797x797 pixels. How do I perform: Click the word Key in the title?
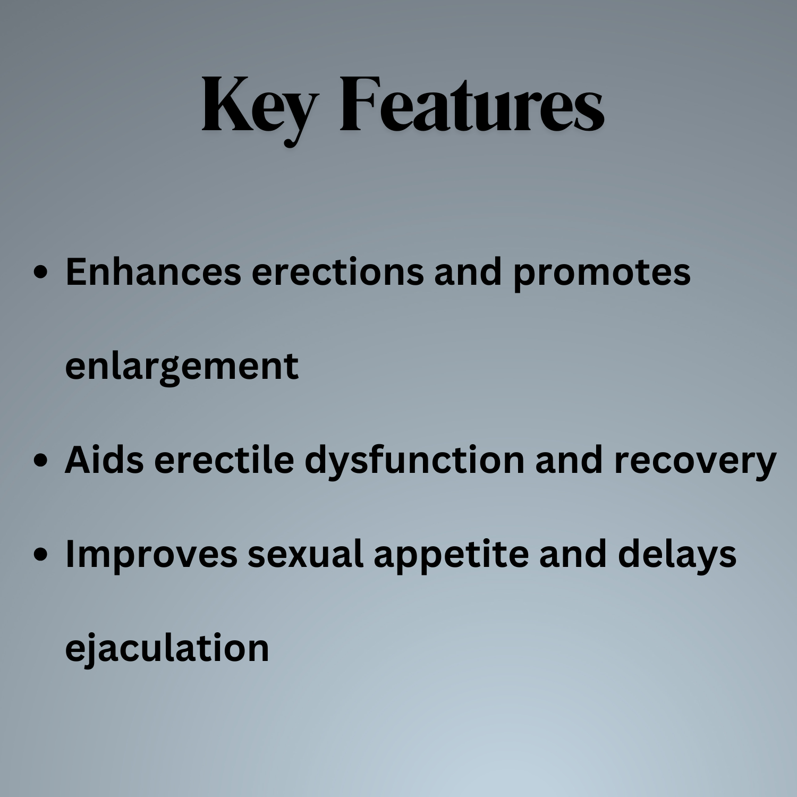click(x=260, y=109)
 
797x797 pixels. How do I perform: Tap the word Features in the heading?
click(x=472, y=104)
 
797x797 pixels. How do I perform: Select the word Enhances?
click(x=153, y=272)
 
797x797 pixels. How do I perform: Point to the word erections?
click(x=338, y=273)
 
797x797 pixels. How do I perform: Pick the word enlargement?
click(x=182, y=367)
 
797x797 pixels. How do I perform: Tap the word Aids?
click(x=104, y=460)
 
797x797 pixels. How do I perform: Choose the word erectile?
click(x=224, y=460)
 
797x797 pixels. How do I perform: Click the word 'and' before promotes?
click(x=468, y=272)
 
